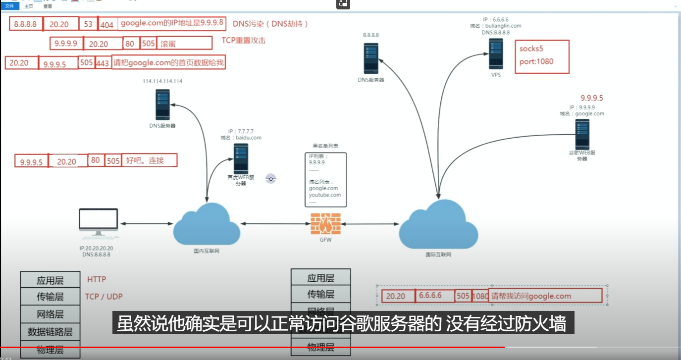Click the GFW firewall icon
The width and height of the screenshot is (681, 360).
tap(325, 223)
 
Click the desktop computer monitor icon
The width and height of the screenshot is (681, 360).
tap(99, 224)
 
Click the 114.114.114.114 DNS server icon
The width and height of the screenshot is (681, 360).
tap(162, 104)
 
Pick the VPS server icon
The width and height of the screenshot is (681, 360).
tap(496, 54)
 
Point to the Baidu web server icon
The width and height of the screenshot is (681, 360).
tap(241, 158)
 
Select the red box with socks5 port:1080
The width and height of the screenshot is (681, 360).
tap(542, 56)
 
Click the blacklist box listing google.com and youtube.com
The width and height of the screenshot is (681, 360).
tap(325, 180)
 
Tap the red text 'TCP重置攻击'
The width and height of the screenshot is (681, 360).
tap(243, 40)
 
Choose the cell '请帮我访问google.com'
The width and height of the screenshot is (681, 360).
tap(545, 296)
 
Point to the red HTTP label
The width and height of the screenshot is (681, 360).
tap(97, 279)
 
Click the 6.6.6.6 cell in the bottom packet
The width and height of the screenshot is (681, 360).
tap(434, 296)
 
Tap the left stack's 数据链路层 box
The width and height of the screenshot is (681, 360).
tap(50, 332)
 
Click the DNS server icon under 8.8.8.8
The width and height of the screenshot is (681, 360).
tap(371, 58)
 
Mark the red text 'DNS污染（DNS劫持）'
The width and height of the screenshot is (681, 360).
tap(270, 24)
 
